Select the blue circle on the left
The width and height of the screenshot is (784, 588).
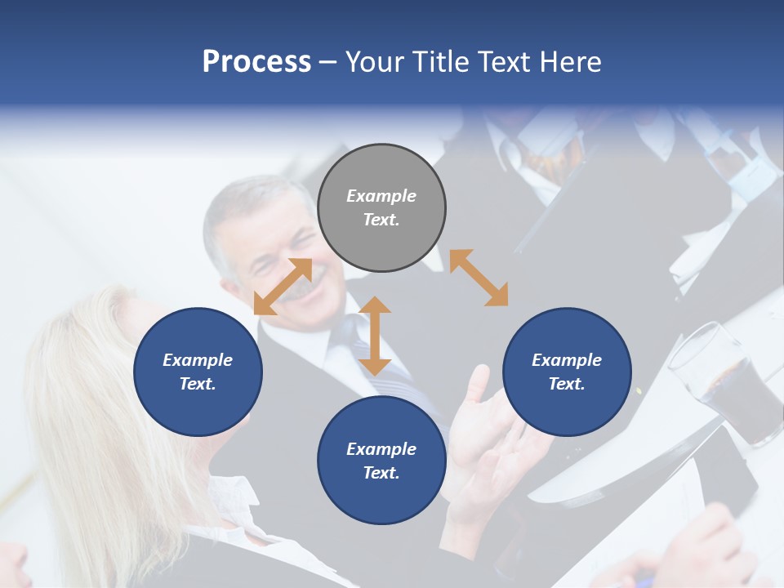198,372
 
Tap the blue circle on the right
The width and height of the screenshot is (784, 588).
567,372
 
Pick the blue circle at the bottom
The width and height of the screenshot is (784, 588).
381,461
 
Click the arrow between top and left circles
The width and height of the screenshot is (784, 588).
283,286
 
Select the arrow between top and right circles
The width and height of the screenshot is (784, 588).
479,278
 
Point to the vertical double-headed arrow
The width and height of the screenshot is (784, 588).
375,336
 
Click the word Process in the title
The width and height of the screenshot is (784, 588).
256,61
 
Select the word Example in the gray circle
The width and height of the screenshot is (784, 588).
381,196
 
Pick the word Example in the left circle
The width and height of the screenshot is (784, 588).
198,360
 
